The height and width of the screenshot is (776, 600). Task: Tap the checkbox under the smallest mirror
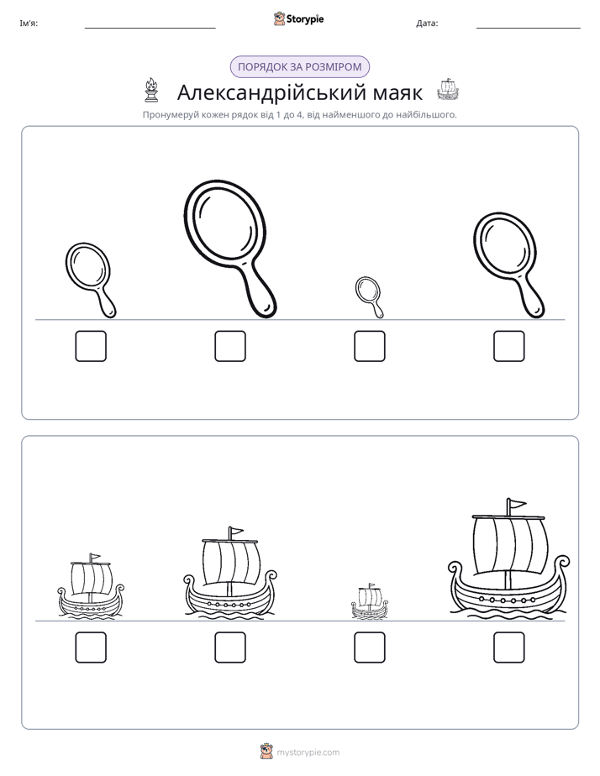click(369, 346)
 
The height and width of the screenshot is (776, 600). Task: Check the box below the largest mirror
click(230, 346)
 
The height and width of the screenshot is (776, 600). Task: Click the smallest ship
click(370, 601)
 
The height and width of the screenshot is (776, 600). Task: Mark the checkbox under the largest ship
click(509, 647)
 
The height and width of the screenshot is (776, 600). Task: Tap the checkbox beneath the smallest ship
click(369, 647)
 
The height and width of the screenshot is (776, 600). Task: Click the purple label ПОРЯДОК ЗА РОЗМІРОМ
click(299, 67)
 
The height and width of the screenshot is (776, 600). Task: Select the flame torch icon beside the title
click(151, 90)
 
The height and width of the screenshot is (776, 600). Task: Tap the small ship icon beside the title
click(448, 90)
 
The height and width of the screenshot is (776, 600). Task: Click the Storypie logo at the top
click(299, 18)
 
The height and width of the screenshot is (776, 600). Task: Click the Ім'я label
click(29, 24)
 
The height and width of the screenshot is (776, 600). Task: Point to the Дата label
click(427, 24)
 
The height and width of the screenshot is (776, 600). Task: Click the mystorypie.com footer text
click(308, 752)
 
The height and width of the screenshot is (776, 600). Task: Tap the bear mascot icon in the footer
click(266, 752)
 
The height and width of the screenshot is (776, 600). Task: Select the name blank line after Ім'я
click(150, 29)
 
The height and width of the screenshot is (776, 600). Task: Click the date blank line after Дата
click(529, 29)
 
